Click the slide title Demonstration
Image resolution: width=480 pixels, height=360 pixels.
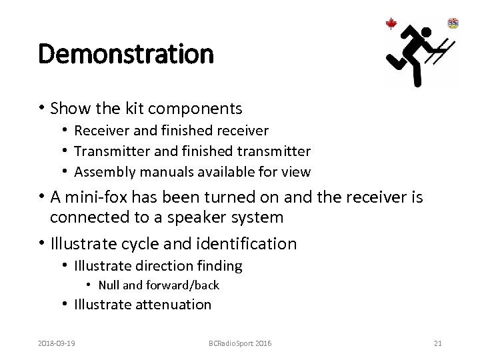[126, 54]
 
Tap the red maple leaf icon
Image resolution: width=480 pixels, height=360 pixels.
[391, 24]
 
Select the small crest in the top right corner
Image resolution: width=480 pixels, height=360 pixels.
[453, 23]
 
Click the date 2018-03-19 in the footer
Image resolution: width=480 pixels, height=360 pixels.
[57, 343]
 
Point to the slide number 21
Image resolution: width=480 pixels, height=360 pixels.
[437, 343]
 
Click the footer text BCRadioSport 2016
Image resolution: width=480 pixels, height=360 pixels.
[239, 343]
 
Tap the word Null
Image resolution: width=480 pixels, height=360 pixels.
[109, 285]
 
